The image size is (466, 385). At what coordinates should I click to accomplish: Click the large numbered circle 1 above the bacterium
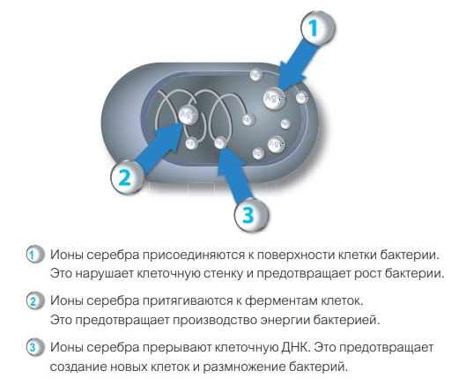click(x=318, y=28)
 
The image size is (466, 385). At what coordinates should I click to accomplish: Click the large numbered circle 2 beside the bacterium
click(x=127, y=177)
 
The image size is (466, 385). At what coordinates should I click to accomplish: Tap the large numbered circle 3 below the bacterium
click(x=251, y=214)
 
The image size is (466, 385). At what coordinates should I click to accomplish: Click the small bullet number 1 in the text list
click(x=33, y=255)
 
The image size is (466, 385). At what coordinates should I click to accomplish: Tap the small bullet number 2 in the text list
click(x=33, y=301)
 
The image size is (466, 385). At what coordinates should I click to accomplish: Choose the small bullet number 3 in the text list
click(x=33, y=347)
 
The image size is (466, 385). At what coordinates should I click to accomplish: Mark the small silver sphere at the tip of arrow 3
click(x=220, y=143)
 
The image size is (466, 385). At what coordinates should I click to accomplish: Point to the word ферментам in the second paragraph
click(x=281, y=301)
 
